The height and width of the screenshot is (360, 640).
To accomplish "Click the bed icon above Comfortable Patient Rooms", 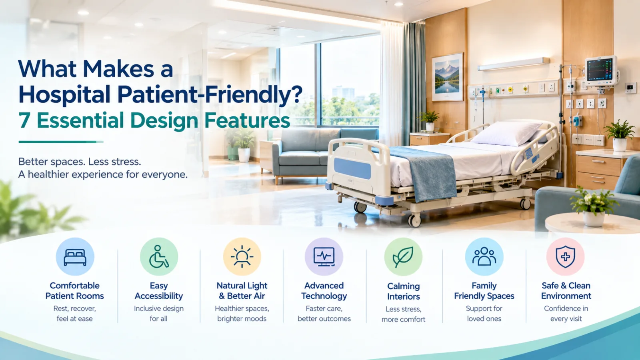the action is point(75,257).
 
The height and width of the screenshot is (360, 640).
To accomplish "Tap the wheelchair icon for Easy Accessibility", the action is point(159,256).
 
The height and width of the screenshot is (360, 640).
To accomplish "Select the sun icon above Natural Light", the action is point(242,256).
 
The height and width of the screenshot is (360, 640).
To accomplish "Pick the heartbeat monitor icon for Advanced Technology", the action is point(324,256).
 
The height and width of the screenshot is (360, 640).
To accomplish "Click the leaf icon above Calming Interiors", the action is point(403,257).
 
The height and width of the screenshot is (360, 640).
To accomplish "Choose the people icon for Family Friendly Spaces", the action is point(484,256).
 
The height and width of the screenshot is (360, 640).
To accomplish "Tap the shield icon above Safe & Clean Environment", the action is point(566,256).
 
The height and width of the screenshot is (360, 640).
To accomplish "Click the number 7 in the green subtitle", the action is point(24,120).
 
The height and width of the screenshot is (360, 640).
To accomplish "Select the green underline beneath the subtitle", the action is point(61,142).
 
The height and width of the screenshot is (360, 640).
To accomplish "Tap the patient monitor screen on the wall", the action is point(600,70).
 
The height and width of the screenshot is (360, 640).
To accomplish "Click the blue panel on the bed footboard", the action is point(352,168).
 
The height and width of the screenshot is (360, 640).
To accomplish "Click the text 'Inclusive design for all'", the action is point(158,314).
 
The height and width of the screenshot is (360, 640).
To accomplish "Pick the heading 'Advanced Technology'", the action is point(324,290).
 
